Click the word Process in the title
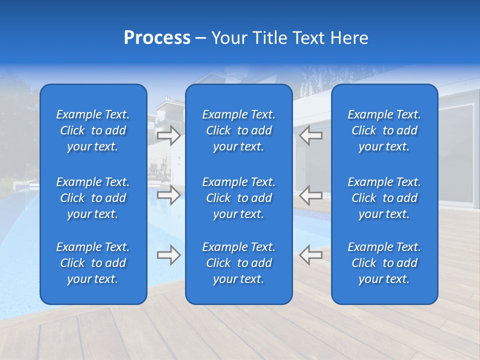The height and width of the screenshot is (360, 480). pyautogui.click(x=157, y=38)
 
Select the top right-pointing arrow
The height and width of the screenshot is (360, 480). pyautogui.click(x=168, y=135)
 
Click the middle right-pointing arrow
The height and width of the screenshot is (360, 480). pyautogui.click(x=168, y=195)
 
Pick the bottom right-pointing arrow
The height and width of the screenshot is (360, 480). pyautogui.click(x=168, y=255)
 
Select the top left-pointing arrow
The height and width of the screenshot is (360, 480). pyautogui.click(x=310, y=135)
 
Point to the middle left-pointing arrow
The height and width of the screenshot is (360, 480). pyautogui.click(x=310, y=195)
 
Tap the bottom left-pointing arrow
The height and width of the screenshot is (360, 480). pyautogui.click(x=310, y=255)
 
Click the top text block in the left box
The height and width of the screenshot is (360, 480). pyautogui.click(x=93, y=130)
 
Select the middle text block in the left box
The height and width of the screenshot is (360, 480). pyautogui.click(x=93, y=198)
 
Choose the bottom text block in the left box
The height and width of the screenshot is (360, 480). pyautogui.click(x=93, y=263)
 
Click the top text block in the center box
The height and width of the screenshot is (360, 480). pyautogui.click(x=238, y=130)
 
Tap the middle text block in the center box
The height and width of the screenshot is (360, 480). pyautogui.click(x=238, y=198)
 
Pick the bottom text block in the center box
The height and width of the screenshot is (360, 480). pyautogui.click(x=238, y=263)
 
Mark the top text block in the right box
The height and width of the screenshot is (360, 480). pyautogui.click(x=384, y=130)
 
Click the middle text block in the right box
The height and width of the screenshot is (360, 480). pyautogui.click(x=384, y=198)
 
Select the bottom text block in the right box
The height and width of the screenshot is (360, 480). pyautogui.click(x=384, y=263)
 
